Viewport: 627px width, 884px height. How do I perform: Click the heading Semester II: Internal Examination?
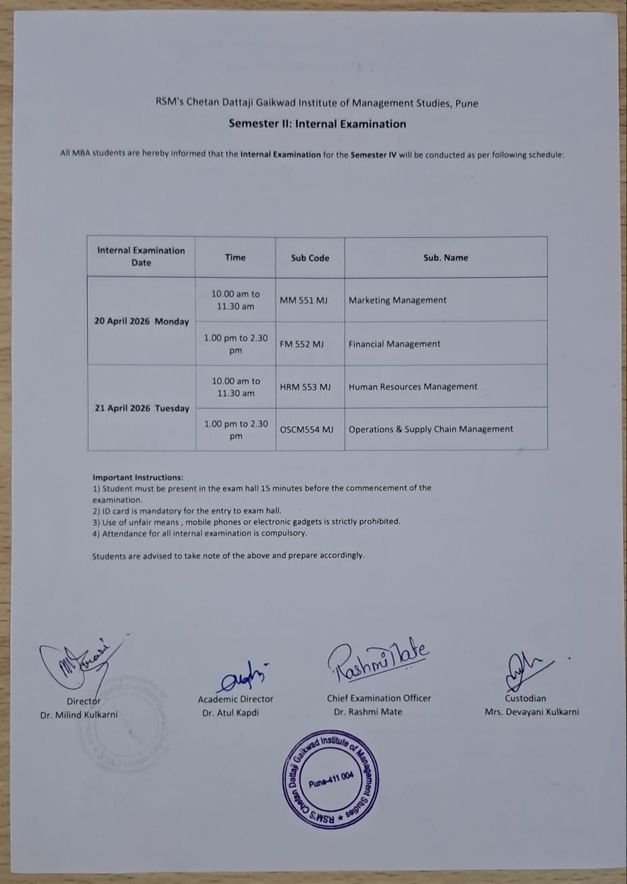[x=317, y=124]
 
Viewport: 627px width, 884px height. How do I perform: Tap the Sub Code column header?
[x=310, y=257]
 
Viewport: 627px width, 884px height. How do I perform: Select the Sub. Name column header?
[x=445, y=257]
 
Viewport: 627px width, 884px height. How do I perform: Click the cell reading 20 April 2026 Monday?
[x=141, y=322]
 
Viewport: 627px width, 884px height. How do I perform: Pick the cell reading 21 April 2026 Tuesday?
[x=142, y=408]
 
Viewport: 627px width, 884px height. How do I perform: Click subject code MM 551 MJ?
[x=303, y=300]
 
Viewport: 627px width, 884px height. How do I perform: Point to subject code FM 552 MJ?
[x=301, y=344]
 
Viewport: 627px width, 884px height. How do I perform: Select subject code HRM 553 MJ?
[x=305, y=387]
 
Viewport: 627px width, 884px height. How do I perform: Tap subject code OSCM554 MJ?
[x=307, y=429]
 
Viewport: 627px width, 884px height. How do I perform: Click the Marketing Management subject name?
[x=397, y=300]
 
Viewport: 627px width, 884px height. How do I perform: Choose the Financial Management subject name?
[x=394, y=344]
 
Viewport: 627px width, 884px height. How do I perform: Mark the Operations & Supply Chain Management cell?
[x=430, y=429]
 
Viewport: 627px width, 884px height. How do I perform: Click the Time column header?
[x=235, y=257]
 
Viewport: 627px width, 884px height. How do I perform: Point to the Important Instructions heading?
[x=138, y=477]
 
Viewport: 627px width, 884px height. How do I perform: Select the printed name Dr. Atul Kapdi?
[x=230, y=712]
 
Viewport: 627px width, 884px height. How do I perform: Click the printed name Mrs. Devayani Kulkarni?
[x=532, y=712]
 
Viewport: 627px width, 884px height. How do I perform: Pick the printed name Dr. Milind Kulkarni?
[x=78, y=714]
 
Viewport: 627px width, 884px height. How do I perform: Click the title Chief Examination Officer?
[x=379, y=698]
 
